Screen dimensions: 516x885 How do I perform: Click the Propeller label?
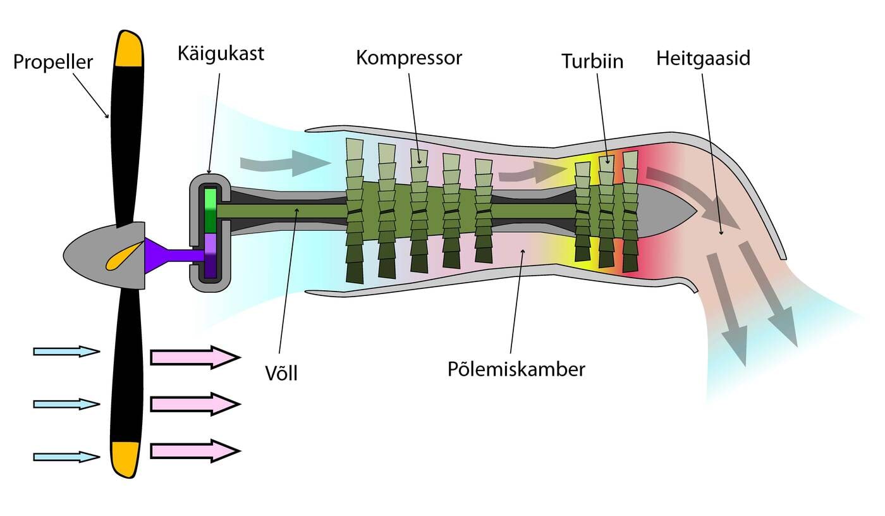pos(53,62)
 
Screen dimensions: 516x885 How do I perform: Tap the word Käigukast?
pos(221,53)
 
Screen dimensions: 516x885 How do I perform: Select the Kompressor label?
pos(409,58)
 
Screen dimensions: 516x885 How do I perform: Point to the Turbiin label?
pos(592,61)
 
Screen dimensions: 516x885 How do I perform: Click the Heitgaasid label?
pos(703,58)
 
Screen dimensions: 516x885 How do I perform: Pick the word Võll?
pos(281,373)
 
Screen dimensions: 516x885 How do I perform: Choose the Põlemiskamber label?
pos(516,369)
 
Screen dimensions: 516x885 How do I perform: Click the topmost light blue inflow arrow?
pos(66,351)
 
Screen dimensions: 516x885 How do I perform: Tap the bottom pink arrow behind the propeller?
pos(195,451)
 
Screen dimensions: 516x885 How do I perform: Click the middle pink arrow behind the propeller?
pos(195,404)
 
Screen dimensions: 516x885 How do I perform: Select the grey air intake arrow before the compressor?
pos(284,163)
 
